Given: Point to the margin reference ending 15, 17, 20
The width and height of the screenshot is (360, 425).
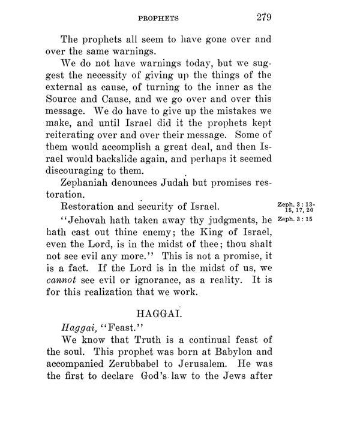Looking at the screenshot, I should tap(299, 209).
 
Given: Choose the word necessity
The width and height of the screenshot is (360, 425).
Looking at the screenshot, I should tap(116, 81).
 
